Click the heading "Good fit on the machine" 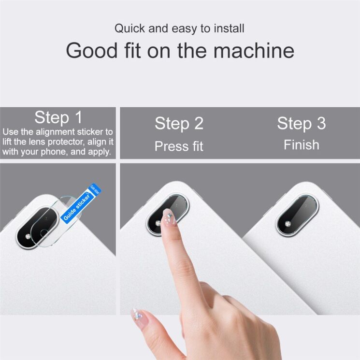(x=180, y=50)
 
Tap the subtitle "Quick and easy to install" (x=180, y=28)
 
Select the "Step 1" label (x=58, y=117)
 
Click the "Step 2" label (x=179, y=124)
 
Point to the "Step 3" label (x=301, y=124)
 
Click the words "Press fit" (x=179, y=146)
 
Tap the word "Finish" (x=301, y=145)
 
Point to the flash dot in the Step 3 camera (x=288, y=224)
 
